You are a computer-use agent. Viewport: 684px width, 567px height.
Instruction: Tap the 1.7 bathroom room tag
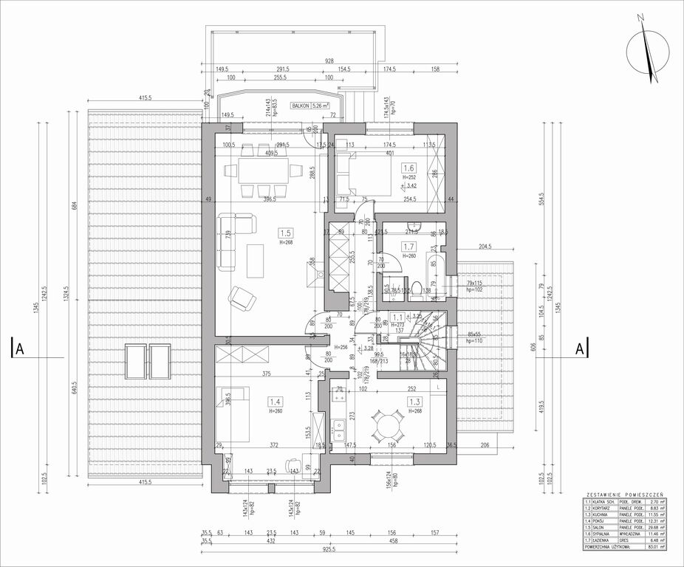click(x=408, y=247)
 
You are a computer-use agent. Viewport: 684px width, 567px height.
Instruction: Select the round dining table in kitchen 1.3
click(x=387, y=426)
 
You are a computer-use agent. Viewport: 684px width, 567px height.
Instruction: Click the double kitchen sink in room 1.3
click(x=339, y=429)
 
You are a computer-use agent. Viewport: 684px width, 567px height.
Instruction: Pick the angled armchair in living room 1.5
click(x=242, y=298)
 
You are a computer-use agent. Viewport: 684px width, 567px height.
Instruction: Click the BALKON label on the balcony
click(x=301, y=106)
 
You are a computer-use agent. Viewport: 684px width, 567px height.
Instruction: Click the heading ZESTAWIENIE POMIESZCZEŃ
click(x=624, y=492)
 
